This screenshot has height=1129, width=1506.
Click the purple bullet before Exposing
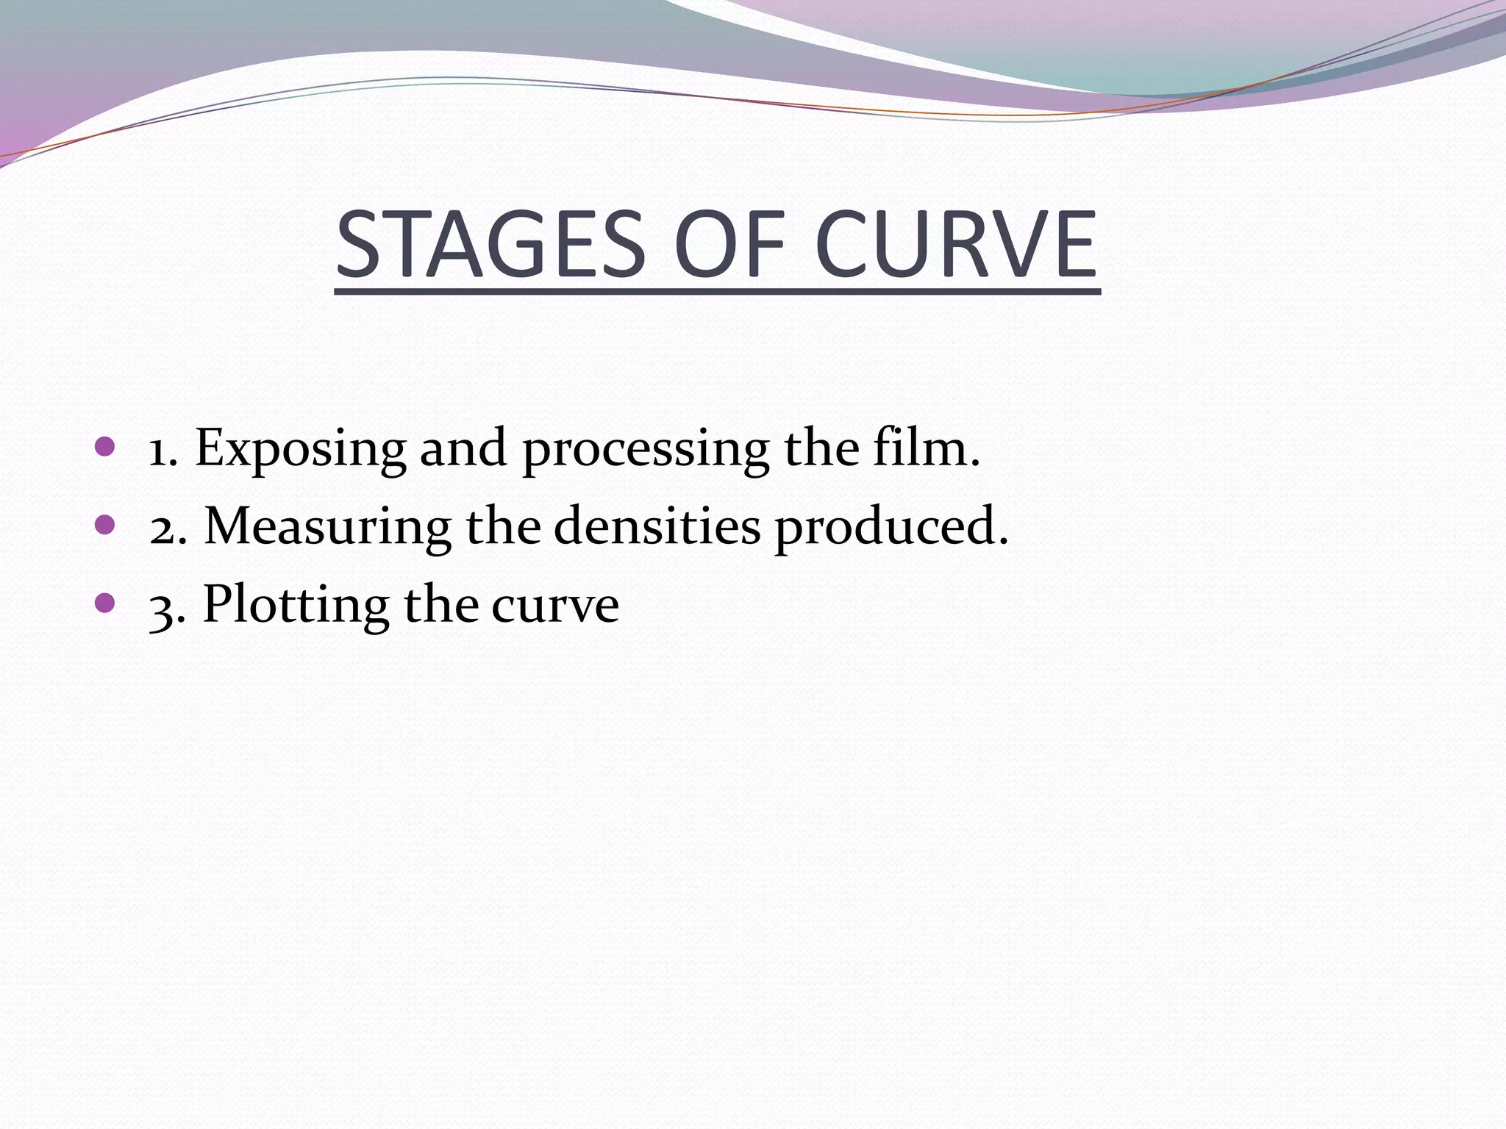pyautogui.click(x=105, y=446)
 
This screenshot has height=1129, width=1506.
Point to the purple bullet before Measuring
pyautogui.click(x=105, y=525)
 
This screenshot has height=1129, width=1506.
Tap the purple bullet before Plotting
pyautogui.click(x=105, y=603)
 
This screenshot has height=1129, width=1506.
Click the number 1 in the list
pyautogui.click(x=158, y=450)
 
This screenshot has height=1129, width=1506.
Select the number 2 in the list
pyautogui.click(x=163, y=528)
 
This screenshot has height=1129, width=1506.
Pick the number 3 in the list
pyautogui.click(x=163, y=607)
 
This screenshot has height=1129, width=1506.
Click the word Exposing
pyautogui.click(x=300, y=450)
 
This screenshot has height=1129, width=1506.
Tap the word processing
pyautogui.click(x=646, y=450)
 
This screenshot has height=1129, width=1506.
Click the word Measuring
pyautogui.click(x=327, y=528)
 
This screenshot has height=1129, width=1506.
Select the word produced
pyautogui.click(x=891, y=528)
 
